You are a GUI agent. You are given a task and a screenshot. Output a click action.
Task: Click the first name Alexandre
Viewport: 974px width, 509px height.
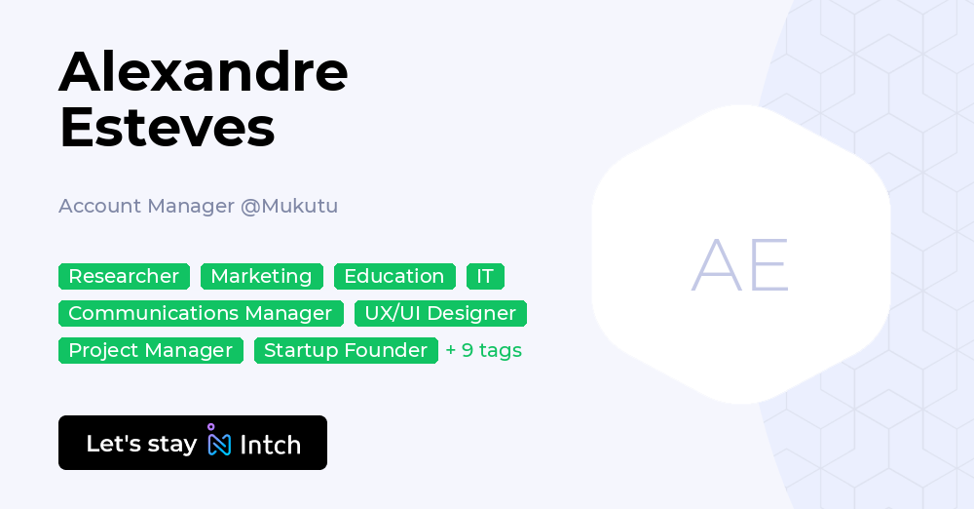click(x=204, y=71)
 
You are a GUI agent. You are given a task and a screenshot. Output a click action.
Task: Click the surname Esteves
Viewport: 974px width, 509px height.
click(x=167, y=128)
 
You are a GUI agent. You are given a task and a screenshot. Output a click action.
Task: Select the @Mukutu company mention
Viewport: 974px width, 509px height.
click(x=289, y=206)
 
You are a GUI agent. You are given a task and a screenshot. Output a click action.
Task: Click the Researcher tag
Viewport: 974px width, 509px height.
click(x=124, y=277)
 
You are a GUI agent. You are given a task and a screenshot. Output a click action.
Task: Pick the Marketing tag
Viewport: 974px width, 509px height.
click(x=261, y=277)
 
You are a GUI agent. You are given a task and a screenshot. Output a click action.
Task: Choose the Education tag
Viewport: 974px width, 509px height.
click(x=394, y=277)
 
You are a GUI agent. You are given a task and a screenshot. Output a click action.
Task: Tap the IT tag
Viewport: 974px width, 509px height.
click(x=485, y=277)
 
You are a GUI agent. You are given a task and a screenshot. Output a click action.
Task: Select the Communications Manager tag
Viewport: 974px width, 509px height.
click(x=201, y=314)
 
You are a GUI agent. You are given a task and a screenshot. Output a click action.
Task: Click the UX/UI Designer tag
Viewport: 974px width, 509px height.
click(x=440, y=314)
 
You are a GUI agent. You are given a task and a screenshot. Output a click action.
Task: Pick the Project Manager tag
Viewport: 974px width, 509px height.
click(x=151, y=351)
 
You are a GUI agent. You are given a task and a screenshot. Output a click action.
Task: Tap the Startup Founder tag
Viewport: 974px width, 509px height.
click(x=346, y=351)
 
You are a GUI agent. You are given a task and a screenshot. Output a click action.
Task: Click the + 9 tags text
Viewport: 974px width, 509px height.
click(x=484, y=351)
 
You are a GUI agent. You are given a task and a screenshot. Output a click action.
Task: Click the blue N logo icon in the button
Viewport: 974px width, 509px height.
click(x=219, y=446)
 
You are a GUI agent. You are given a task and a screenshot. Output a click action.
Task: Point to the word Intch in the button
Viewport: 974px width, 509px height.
click(x=270, y=446)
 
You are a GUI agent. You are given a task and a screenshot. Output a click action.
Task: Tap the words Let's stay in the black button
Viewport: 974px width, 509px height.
click(x=141, y=444)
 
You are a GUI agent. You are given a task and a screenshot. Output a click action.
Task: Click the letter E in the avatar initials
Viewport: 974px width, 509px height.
click(x=768, y=265)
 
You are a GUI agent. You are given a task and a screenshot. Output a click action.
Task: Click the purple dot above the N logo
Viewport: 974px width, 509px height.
click(x=210, y=427)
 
